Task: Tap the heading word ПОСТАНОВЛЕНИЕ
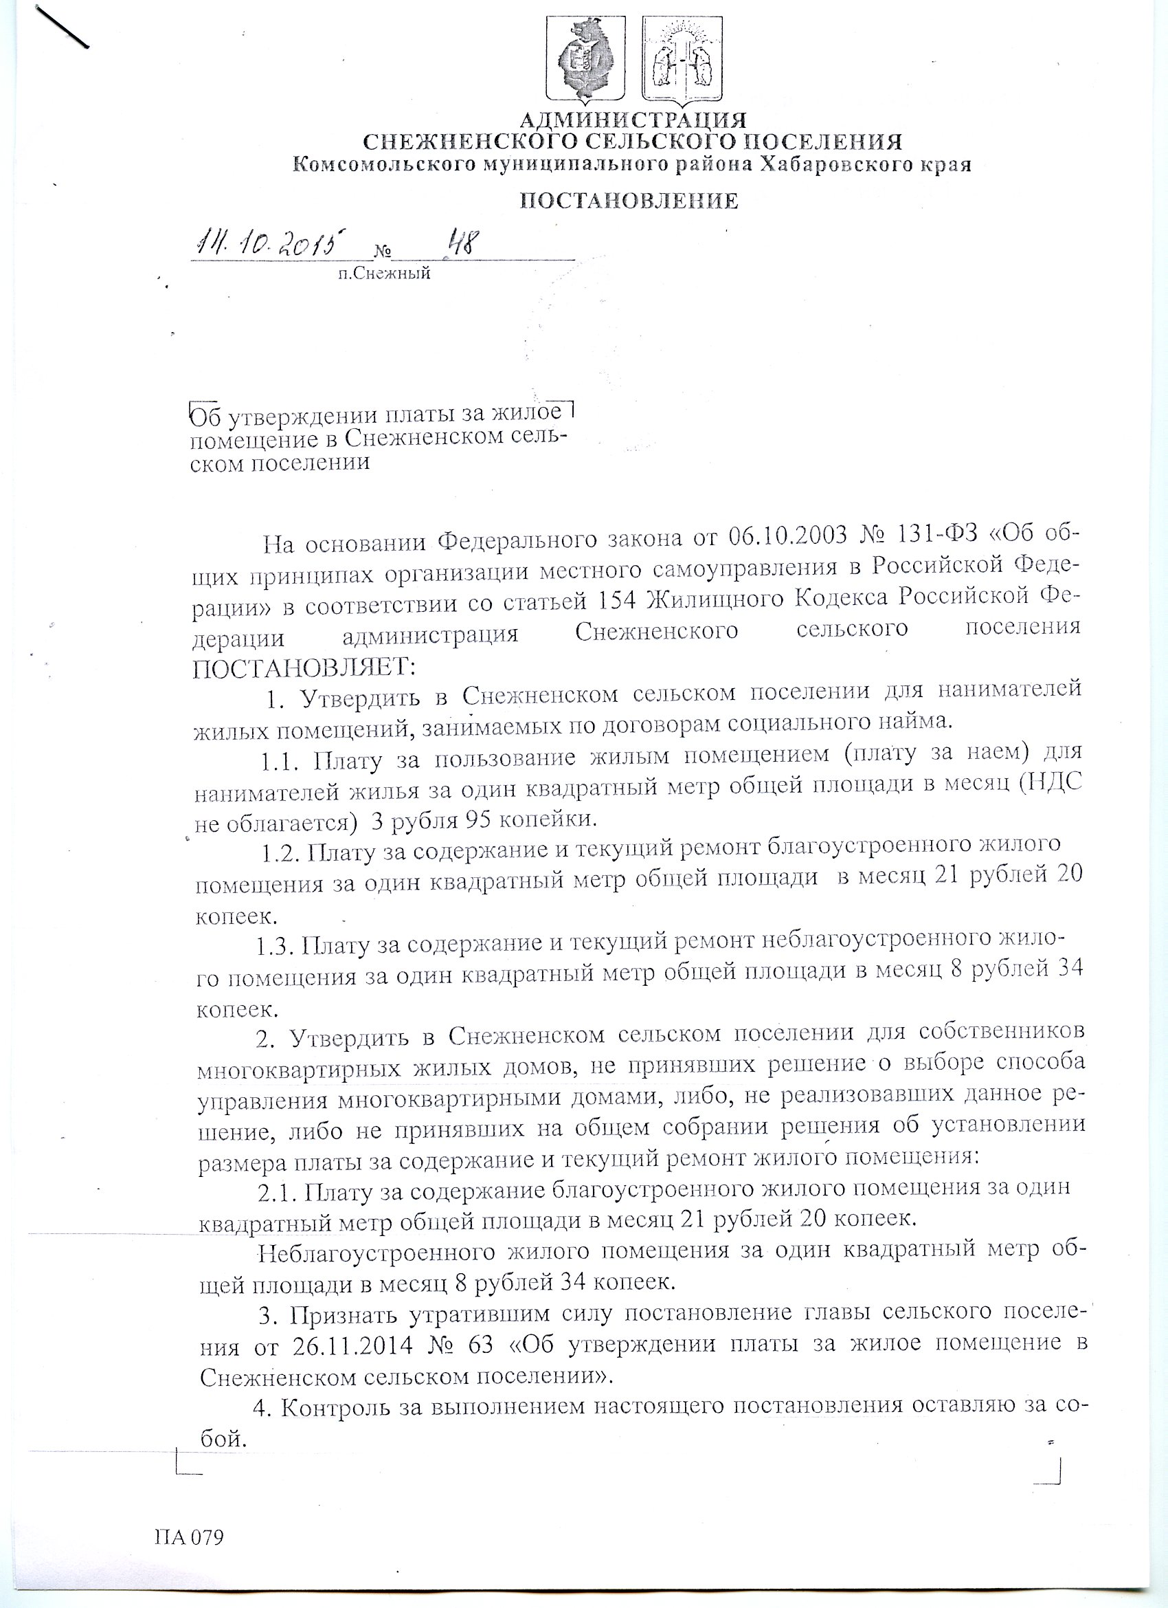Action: pos(629,202)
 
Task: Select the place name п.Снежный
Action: pos(384,274)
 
